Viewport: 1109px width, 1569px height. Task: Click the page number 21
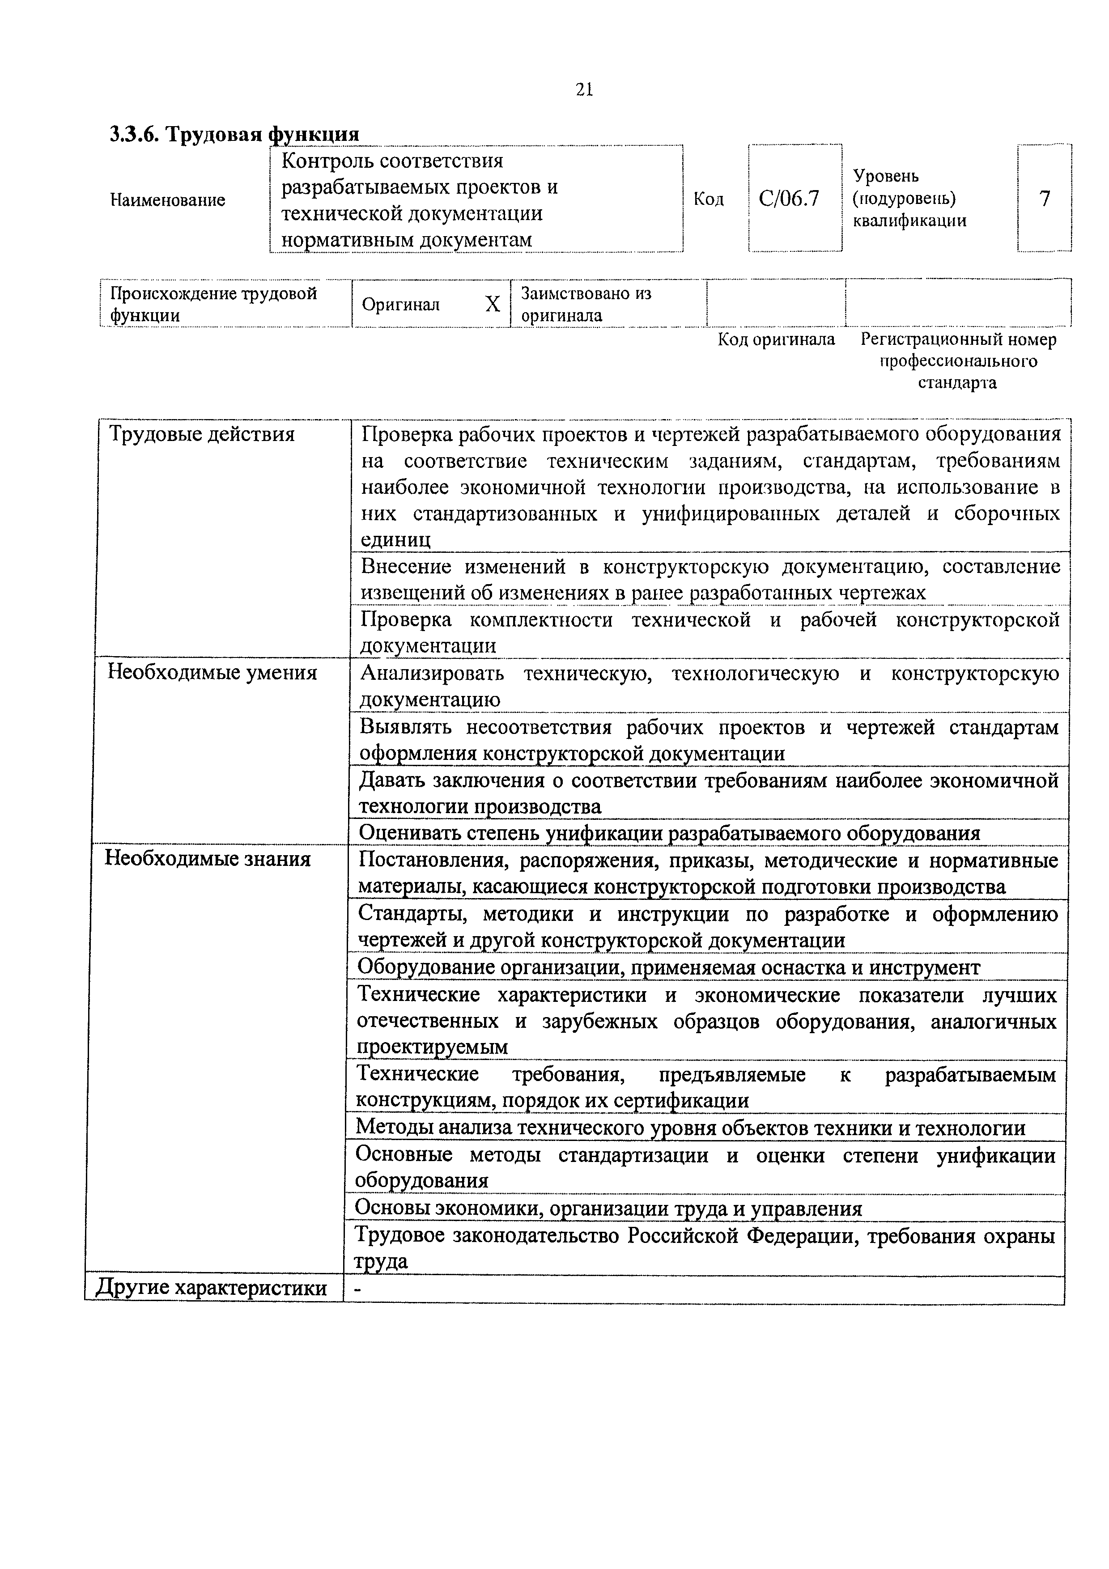coord(584,89)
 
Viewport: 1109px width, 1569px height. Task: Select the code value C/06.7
coord(789,199)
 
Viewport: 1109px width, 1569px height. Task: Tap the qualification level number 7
coord(1044,199)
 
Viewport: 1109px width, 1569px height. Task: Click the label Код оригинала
coord(776,339)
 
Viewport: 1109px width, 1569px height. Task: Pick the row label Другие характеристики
coord(211,1288)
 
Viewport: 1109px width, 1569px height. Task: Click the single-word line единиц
coord(395,540)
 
